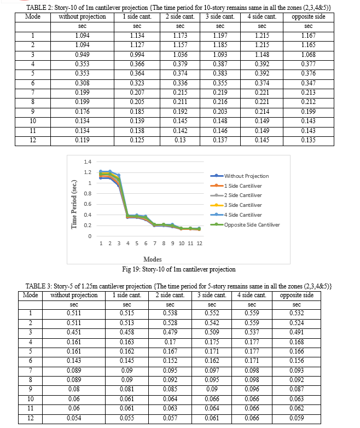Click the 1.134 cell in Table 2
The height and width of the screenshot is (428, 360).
(x=137, y=36)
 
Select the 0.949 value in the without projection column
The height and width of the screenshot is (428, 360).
(x=82, y=55)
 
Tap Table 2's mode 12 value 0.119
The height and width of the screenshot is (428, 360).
(x=82, y=140)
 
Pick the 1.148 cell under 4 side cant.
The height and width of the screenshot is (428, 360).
(x=262, y=55)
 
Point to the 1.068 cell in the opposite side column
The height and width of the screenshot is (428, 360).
(x=309, y=55)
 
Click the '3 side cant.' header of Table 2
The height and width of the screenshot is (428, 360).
(x=220, y=16)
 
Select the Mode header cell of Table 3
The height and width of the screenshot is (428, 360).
(x=30, y=295)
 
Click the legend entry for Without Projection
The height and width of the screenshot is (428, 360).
(x=240, y=176)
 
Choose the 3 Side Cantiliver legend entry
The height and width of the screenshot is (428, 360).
(x=236, y=205)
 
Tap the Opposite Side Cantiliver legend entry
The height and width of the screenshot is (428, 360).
(x=245, y=224)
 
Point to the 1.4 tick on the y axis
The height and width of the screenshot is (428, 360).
(x=88, y=162)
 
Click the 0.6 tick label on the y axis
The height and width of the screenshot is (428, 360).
(x=88, y=204)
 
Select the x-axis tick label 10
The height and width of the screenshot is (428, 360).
(x=182, y=243)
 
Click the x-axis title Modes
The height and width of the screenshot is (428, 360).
(x=153, y=259)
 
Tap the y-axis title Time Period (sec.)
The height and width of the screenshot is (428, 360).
(x=74, y=204)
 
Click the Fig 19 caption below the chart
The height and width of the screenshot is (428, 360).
(x=179, y=269)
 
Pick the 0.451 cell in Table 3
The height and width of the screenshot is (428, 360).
(x=74, y=332)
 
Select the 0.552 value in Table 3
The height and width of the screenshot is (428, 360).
(x=212, y=313)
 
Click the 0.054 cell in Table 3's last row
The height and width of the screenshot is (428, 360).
(x=74, y=418)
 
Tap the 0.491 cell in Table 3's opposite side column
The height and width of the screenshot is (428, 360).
(x=297, y=332)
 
